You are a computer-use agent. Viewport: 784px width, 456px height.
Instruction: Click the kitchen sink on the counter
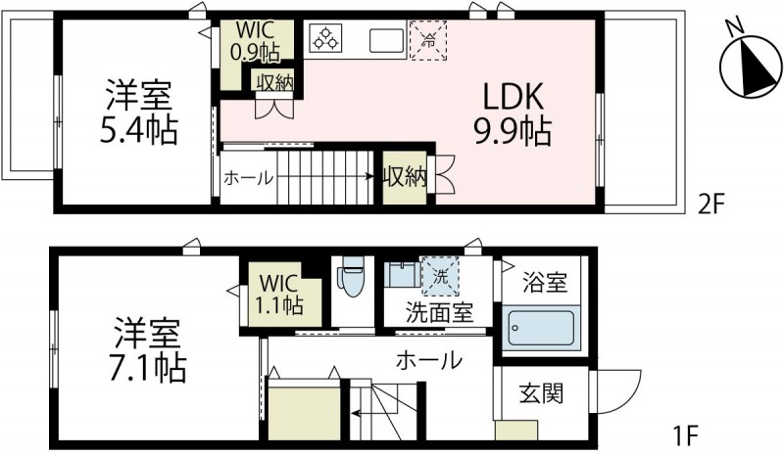click(x=386, y=40)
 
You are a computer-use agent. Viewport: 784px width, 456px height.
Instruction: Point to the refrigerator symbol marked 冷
click(x=427, y=40)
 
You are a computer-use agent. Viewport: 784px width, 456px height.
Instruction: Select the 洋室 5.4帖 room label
click(x=139, y=114)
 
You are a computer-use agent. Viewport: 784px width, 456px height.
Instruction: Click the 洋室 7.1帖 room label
click(x=147, y=348)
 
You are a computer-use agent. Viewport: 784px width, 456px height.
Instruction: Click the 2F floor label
click(x=710, y=205)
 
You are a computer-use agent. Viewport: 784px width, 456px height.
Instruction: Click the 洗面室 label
click(x=440, y=313)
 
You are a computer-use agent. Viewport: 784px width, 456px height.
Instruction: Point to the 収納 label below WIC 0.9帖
click(x=273, y=82)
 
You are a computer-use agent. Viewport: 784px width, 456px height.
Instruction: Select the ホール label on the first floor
click(x=428, y=360)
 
